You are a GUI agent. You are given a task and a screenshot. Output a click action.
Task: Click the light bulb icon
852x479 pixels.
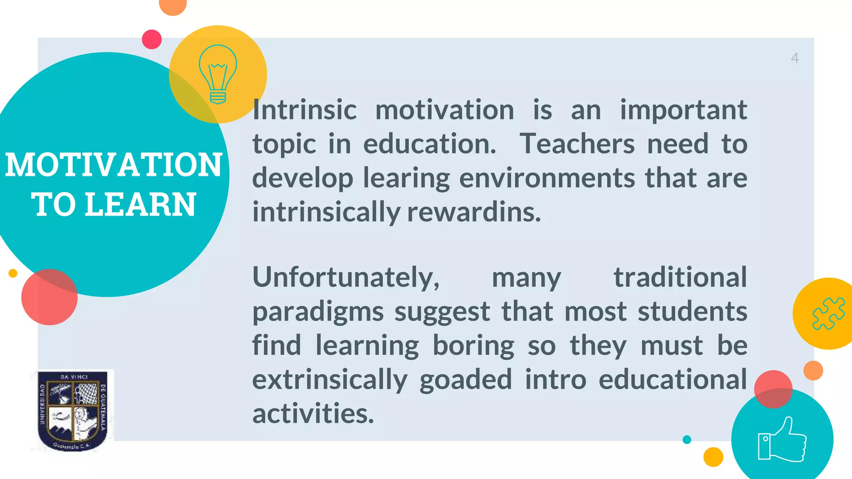[218, 74]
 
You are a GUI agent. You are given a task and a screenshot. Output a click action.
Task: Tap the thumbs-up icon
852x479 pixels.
[782, 440]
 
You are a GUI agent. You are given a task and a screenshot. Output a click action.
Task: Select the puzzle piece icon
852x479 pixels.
[828, 314]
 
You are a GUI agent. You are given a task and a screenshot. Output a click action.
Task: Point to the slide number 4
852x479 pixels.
[795, 58]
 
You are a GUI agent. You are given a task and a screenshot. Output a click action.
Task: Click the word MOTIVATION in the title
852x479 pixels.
[114, 165]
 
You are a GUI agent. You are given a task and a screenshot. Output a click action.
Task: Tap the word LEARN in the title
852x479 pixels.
[140, 205]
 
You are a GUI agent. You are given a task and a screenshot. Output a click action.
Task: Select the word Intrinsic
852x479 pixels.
[305, 110]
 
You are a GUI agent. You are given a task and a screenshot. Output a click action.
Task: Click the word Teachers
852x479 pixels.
[577, 144]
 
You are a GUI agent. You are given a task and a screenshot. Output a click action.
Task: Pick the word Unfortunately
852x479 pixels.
[346, 277]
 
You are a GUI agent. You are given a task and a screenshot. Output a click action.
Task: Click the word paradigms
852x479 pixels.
[318, 312]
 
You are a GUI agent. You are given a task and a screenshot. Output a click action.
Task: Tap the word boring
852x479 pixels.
[473, 346]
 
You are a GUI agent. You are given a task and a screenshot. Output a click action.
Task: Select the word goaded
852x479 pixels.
[466, 380]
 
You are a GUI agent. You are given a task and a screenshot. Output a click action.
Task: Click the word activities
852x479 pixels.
[313, 414]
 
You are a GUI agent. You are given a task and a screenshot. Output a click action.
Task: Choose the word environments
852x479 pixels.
[547, 178]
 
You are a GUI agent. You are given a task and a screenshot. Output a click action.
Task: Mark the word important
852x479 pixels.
[684, 110]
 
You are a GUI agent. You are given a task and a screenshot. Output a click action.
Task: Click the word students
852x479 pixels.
[692, 311]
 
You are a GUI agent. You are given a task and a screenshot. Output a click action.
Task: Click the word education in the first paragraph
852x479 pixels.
[429, 144]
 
